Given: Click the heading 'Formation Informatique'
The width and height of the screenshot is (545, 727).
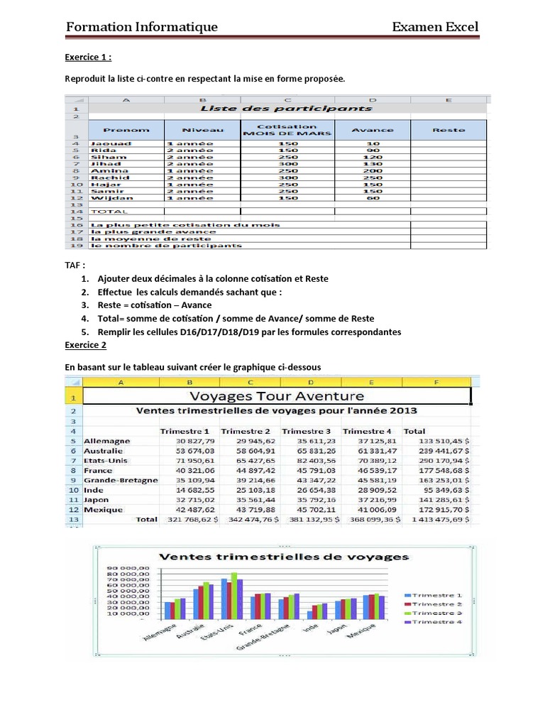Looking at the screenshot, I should (141, 27).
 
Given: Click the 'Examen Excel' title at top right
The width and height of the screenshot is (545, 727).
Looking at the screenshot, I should (435, 27).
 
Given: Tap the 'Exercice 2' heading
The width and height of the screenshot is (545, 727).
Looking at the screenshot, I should (85, 345).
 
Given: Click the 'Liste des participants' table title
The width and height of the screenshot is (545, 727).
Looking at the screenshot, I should (286, 109).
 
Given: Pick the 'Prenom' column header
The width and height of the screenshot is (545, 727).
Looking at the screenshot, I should (126, 130).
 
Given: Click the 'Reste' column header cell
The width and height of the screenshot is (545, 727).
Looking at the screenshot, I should (448, 130).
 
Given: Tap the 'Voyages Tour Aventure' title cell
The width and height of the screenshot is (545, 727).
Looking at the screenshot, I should (277, 396).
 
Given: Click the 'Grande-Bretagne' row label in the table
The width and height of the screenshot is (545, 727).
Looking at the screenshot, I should (121, 480).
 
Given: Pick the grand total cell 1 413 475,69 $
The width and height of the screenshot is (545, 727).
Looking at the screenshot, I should (438, 520).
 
